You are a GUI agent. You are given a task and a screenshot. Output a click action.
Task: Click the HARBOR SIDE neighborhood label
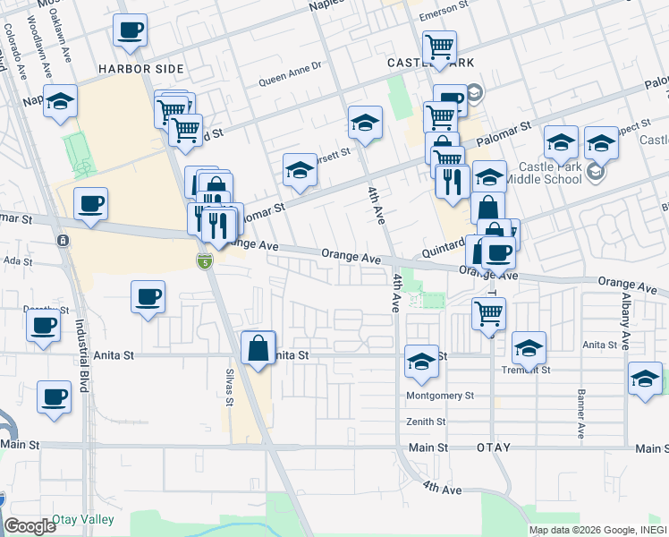coord(141,69)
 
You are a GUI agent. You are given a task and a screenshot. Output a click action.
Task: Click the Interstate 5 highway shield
coord(206,261)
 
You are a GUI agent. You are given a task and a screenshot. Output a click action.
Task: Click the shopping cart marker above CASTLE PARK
coord(439,47)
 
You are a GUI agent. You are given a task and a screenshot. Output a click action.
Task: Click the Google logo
coord(30,526)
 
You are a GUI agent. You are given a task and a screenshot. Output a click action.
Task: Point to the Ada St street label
coord(18,261)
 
